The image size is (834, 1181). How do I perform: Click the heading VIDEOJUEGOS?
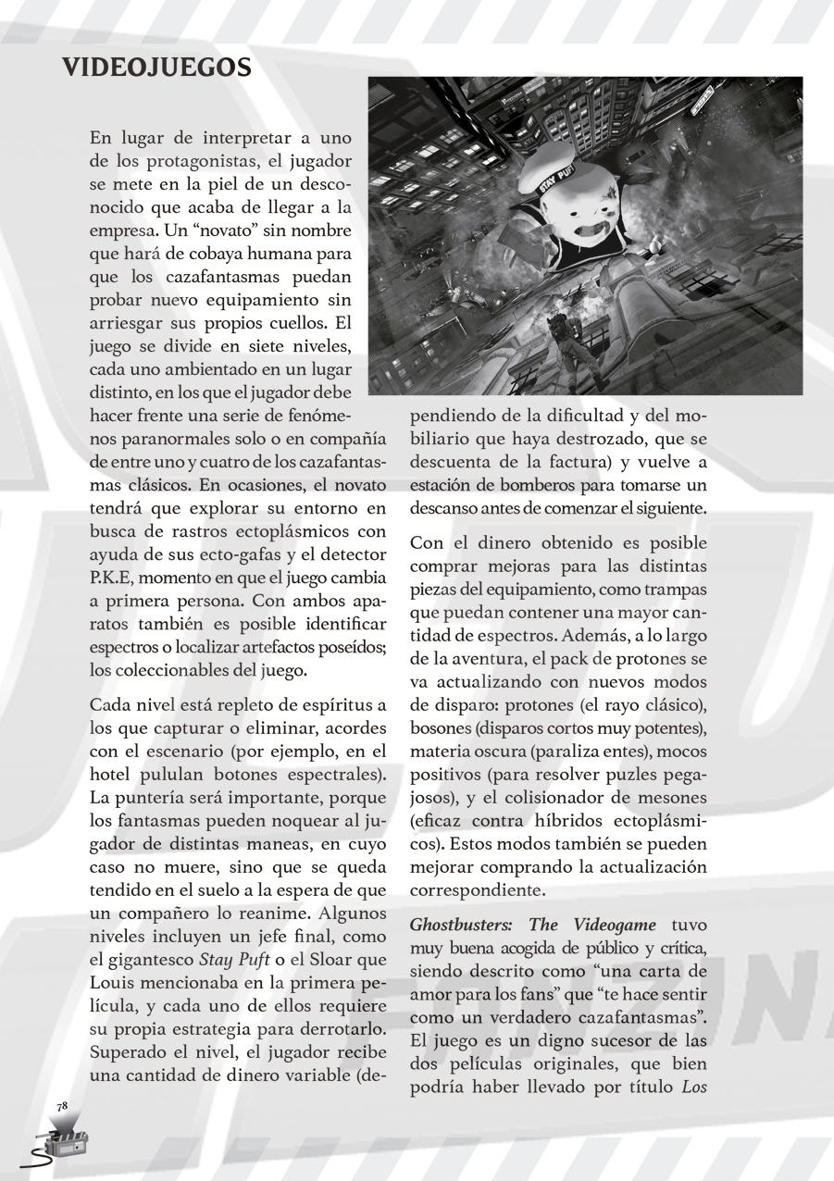[156, 68]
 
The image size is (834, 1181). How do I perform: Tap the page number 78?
[62, 1106]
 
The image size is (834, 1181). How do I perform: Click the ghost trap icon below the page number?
[61, 1142]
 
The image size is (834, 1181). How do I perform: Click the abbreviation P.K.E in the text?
[113, 578]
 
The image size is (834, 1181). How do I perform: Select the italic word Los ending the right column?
[693, 1087]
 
